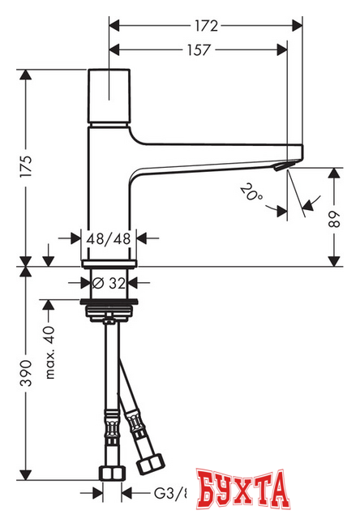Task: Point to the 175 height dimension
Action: [26, 168]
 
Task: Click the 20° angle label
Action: [252, 192]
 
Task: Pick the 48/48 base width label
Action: [110, 238]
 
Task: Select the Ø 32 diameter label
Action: [110, 284]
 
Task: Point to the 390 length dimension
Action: [26, 374]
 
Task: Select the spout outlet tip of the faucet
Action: [282, 166]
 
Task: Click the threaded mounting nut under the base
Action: [111, 312]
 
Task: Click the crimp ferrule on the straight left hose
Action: [109, 426]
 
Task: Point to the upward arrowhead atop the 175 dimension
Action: [26, 75]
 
